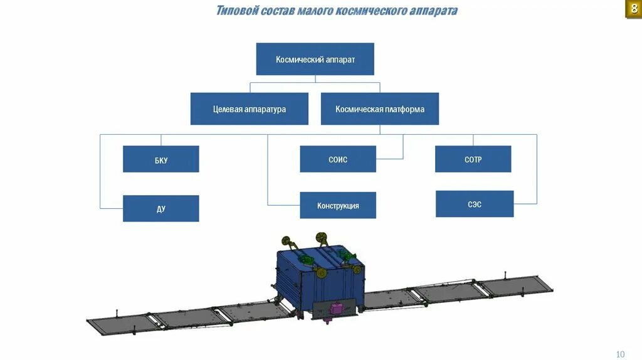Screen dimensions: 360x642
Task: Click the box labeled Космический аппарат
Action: point(315,59)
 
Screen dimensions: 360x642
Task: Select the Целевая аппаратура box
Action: point(249,109)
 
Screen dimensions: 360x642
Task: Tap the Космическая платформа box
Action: point(379,109)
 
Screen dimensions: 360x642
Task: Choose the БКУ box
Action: point(160,159)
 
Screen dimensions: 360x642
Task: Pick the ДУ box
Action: point(160,209)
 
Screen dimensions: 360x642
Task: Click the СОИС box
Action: point(337,159)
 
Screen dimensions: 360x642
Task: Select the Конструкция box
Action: point(337,205)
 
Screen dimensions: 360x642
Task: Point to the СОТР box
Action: point(473,159)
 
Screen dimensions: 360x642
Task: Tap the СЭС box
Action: point(474,204)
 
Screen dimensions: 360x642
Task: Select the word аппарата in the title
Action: point(432,11)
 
